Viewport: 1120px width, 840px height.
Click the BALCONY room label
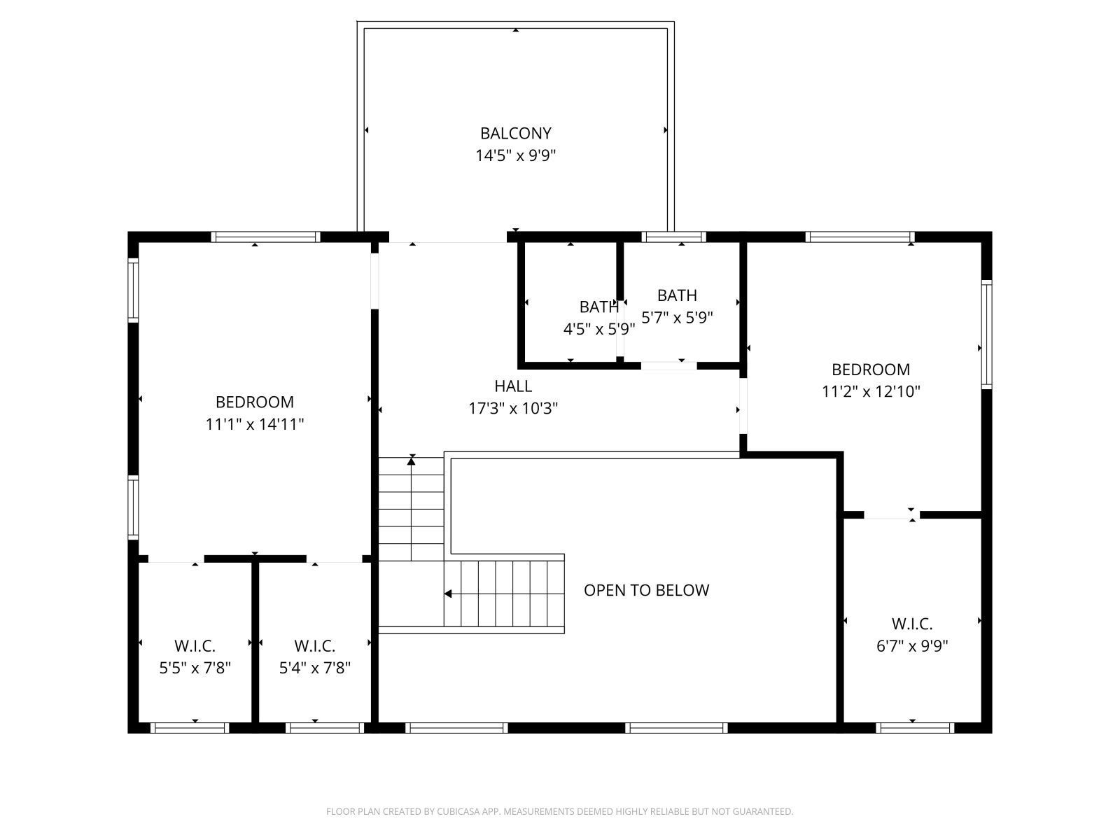515,133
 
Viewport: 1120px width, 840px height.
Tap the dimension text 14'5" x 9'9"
515,155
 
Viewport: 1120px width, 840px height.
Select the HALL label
513,386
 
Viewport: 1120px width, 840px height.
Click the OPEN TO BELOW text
646,590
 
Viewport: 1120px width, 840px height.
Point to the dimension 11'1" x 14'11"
254,424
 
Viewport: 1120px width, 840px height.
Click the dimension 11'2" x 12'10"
870,391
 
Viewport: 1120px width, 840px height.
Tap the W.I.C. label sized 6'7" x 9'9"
911,624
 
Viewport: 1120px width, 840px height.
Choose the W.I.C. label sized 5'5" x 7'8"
195,646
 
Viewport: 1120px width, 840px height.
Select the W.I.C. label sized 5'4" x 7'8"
314,646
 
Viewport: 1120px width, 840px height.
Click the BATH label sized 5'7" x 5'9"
677,295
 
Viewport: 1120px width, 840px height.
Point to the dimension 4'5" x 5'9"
599,329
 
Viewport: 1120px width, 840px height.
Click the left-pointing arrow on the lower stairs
448,594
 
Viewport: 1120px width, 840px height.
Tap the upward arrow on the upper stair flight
412,460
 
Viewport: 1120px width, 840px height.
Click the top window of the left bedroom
265,237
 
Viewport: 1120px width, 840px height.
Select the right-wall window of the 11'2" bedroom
986,334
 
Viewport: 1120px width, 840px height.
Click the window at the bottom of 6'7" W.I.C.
914,728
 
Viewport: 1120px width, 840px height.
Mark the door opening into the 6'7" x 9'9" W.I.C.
891,516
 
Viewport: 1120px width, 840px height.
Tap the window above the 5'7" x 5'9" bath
673,237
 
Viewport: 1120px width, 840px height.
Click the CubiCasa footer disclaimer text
559,811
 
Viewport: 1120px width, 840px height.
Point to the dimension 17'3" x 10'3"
513,408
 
